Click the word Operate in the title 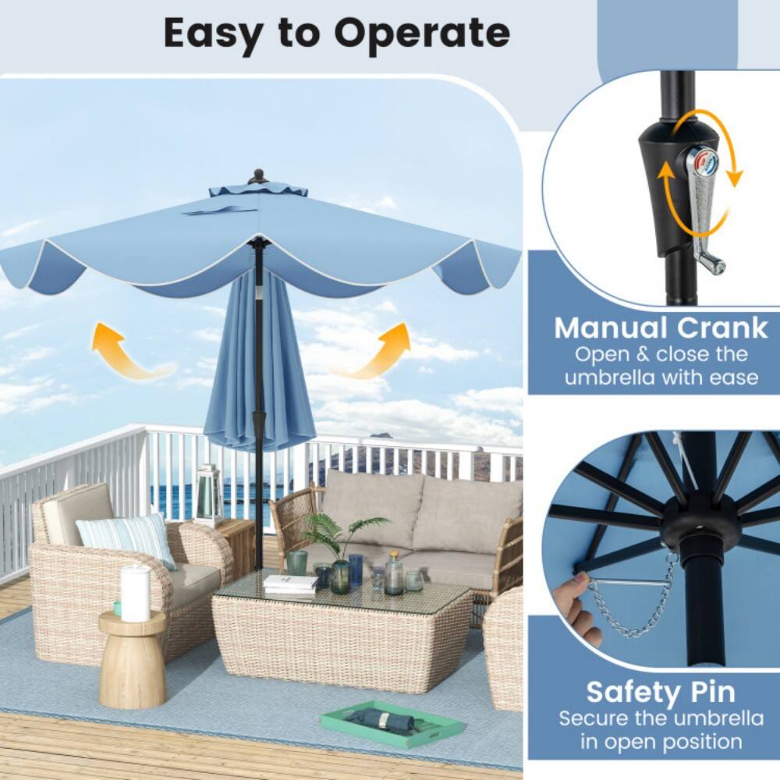tap(423, 33)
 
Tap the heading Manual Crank tap(661, 328)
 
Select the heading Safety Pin tap(660, 692)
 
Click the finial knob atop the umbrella tap(258, 175)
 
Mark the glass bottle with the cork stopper tap(394, 575)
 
